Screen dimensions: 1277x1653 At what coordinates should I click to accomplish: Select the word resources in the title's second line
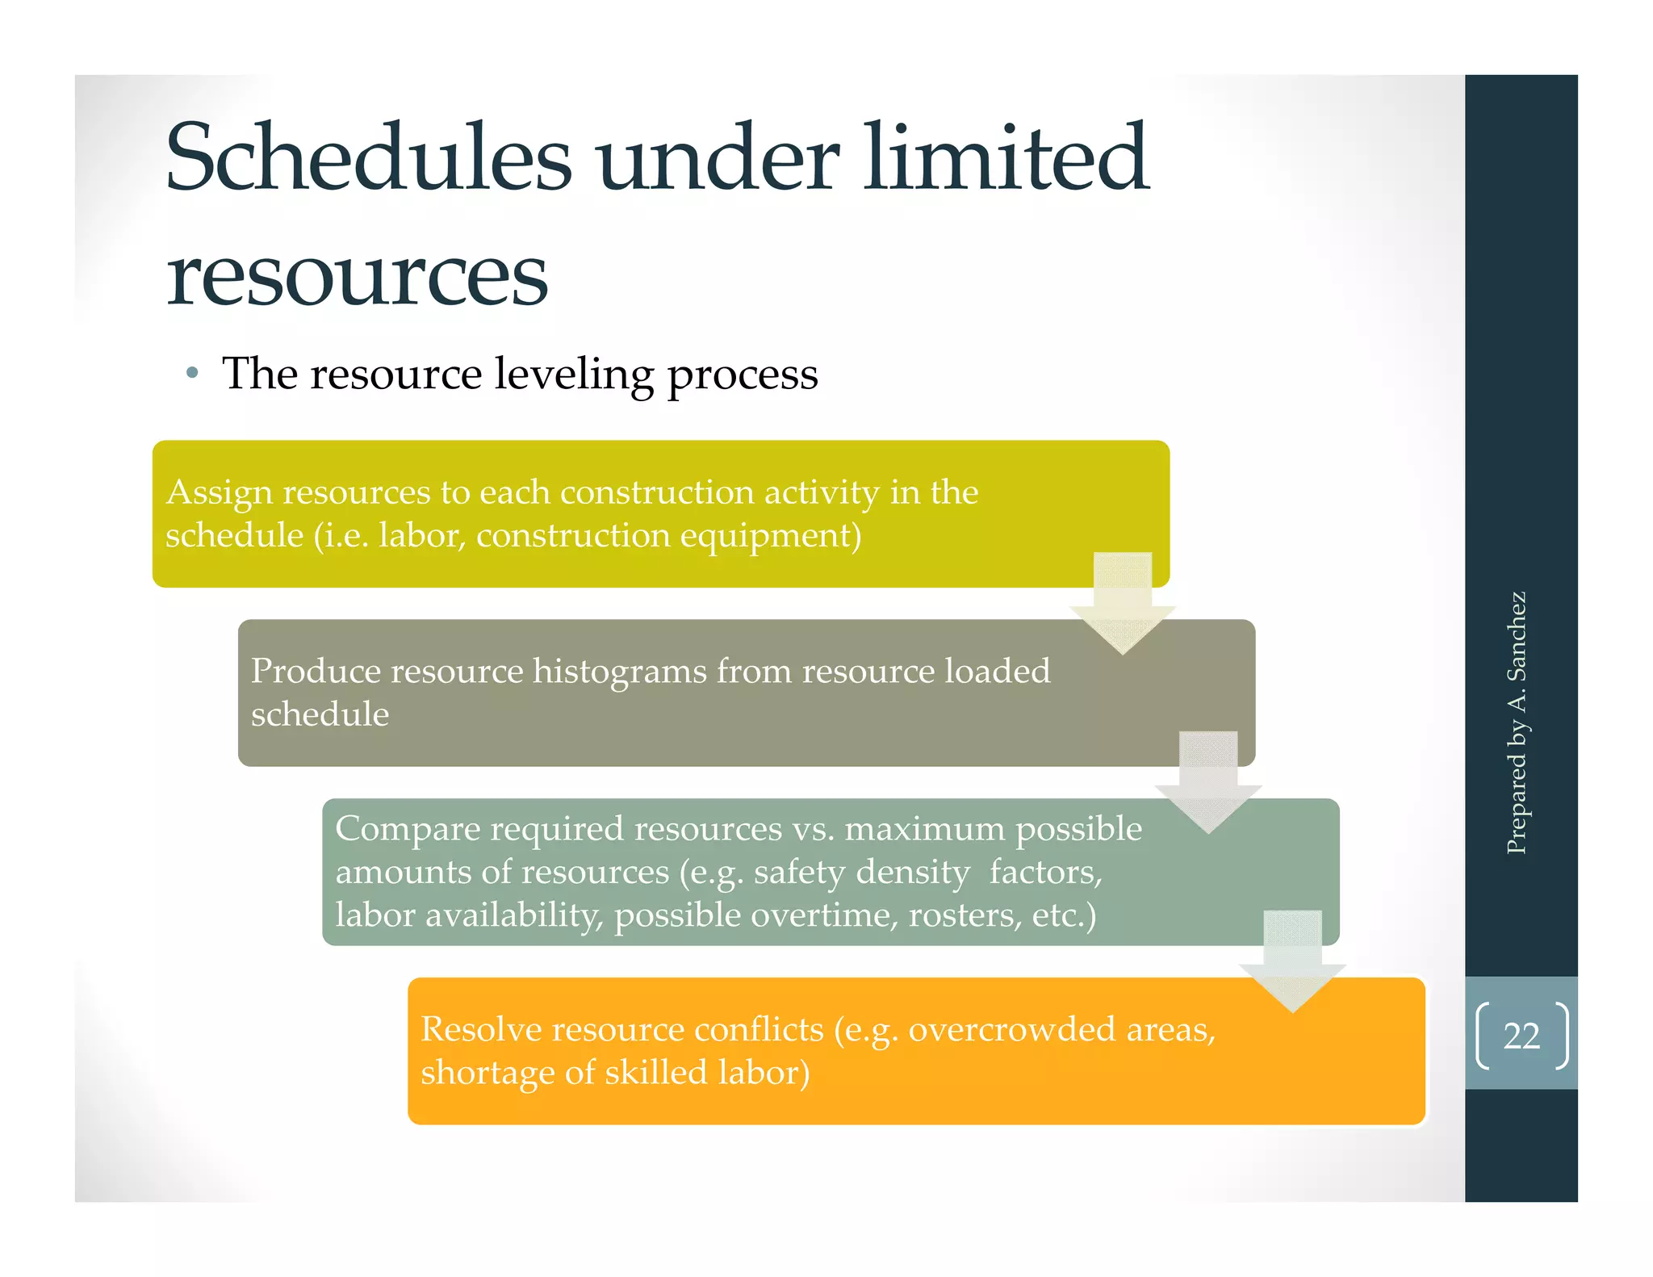pyautogui.click(x=357, y=276)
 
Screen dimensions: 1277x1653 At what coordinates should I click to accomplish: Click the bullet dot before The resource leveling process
pyautogui.click(x=191, y=374)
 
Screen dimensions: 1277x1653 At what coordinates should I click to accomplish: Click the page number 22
pyautogui.click(x=1521, y=1036)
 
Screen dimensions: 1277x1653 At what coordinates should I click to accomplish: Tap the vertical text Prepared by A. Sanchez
pyautogui.click(x=1517, y=722)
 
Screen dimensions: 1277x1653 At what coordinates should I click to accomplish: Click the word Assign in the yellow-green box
pyautogui.click(x=219, y=493)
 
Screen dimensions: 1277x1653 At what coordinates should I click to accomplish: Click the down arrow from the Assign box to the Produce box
pyautogui.click(x=1122, y=605)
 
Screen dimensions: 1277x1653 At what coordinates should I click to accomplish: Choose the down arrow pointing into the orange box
pyautogui.click(x=1292, y=964)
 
